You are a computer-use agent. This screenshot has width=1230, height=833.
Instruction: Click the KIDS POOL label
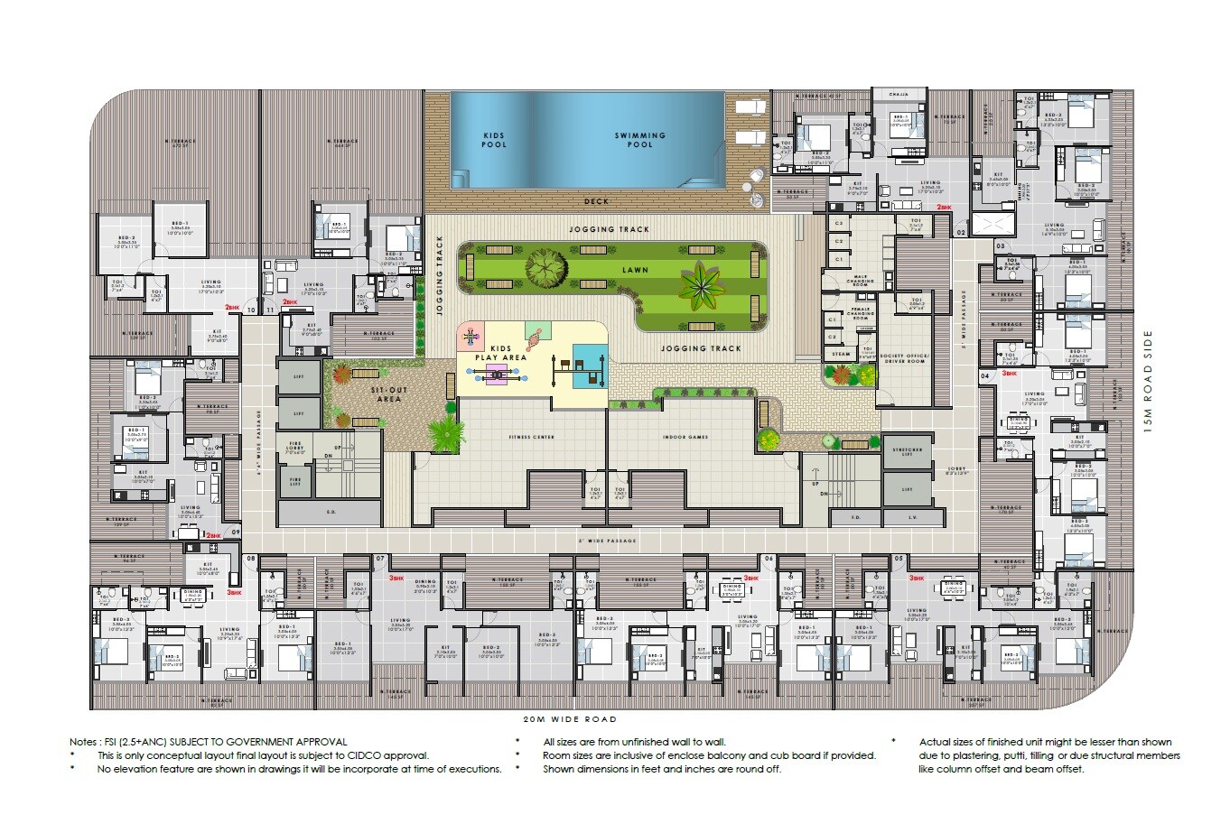point(494,140)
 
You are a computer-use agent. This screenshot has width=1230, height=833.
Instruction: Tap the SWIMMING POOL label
point(640,140)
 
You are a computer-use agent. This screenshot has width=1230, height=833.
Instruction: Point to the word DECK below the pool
point(596,201)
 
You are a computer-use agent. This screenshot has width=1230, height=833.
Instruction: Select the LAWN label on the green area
point(635,270)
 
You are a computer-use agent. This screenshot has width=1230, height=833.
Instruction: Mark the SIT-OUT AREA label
point(389,394)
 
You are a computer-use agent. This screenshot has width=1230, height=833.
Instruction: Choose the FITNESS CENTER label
point(531,437)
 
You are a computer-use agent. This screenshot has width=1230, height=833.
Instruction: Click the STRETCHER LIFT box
point(908,452)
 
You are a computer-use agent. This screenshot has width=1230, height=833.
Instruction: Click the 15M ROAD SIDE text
point(1148,381)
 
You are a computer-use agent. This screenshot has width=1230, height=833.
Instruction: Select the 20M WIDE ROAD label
point(570,719)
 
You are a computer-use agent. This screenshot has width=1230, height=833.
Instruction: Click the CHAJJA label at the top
point(898,94)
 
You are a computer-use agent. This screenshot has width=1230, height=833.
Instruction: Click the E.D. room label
point(331,512)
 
